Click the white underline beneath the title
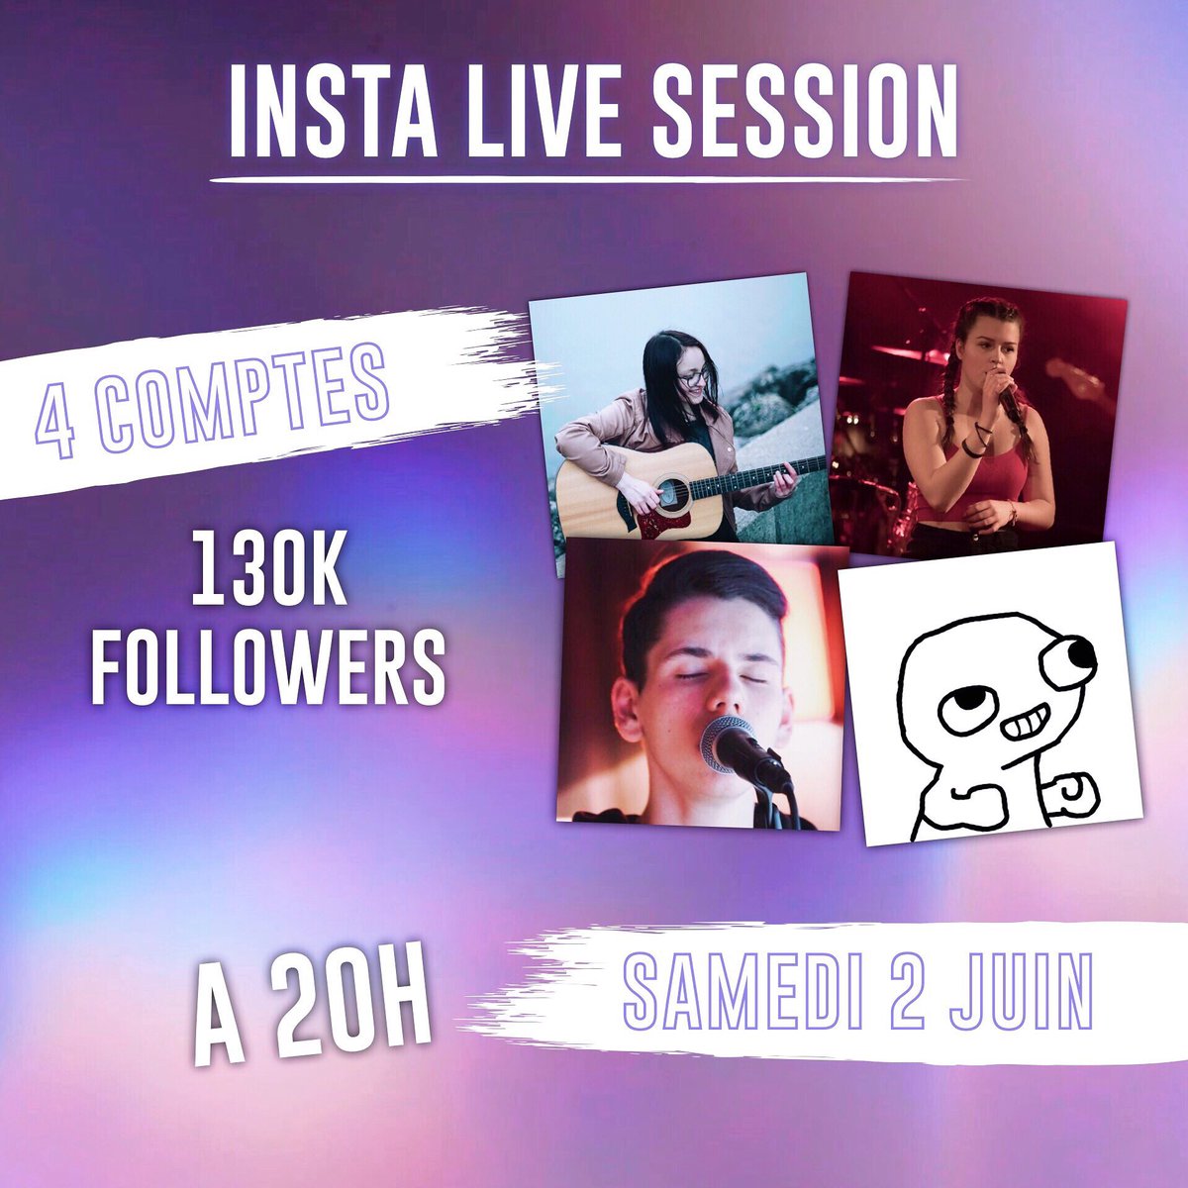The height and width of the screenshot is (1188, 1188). pyautogui.click(x=589, y=181)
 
